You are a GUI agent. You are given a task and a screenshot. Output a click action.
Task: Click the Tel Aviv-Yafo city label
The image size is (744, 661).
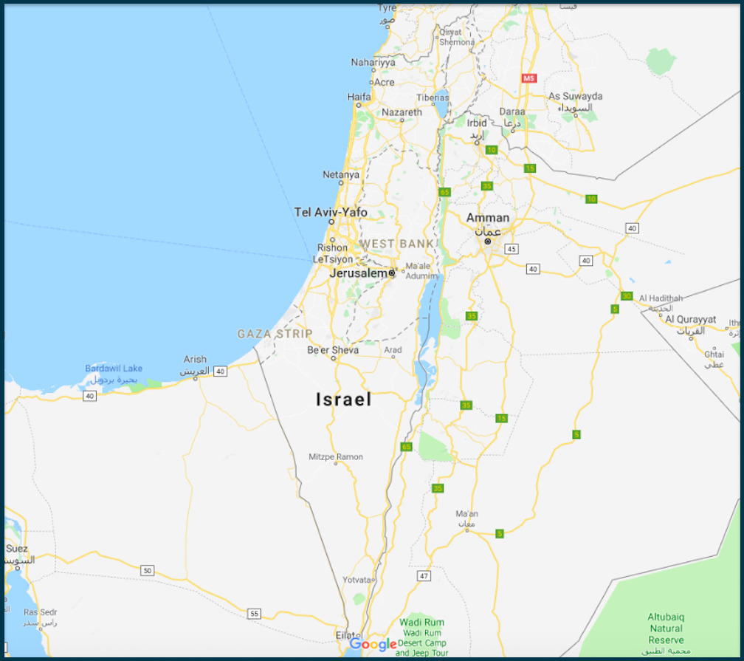[x=331, y=212]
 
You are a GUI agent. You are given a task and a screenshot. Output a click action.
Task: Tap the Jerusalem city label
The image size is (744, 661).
[x=358, y=273]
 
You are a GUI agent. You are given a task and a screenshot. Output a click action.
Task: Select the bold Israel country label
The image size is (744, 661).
[x=343, y=400]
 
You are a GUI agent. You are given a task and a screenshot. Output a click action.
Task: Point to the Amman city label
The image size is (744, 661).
[x=487, y=218]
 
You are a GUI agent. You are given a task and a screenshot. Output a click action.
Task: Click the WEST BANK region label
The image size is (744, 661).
[x=397, y=244]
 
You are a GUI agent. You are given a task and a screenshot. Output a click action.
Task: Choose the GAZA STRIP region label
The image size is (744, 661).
[x=275, y=334]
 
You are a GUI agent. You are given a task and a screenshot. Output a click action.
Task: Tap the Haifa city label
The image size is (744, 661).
[x=359, y=97]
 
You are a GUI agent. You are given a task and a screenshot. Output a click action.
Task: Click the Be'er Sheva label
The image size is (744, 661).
[x=333, y=349]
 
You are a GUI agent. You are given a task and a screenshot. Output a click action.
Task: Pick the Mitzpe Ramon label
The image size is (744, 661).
[x=336, y=456]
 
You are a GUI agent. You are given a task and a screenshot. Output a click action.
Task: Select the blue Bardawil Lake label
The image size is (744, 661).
[x=114, y=369]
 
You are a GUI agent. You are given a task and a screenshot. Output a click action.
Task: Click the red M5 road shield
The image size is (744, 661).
[x=528, y=78]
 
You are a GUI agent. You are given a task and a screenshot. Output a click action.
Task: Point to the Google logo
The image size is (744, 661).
[x=373, y=644]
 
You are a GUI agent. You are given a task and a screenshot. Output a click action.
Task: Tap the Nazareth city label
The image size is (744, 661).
[x=402, y=112]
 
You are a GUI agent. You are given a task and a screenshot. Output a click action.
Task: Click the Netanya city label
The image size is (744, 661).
[x=341, y=175]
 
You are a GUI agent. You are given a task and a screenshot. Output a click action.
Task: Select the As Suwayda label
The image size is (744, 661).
[x=575, y=96]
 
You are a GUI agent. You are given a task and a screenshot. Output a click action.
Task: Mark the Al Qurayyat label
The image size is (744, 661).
[x=690, y=319]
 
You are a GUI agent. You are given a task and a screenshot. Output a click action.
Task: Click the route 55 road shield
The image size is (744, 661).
[x=255, y=614]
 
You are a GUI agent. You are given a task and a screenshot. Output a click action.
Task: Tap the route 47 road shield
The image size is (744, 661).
[x=423, y=575]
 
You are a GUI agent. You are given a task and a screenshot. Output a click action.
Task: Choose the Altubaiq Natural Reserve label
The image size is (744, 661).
[x=666, y=628]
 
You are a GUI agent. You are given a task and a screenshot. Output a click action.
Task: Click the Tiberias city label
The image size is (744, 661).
[x=432, y=97]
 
